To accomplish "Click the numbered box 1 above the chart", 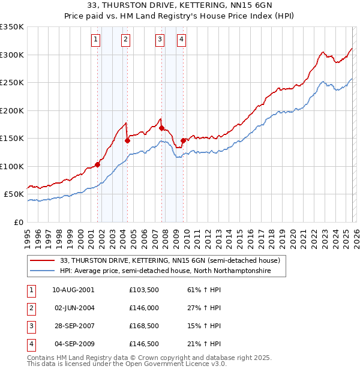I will coord(95,40).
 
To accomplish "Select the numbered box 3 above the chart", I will coord(160,40).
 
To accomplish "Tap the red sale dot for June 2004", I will coord(127,140).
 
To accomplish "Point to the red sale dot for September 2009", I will coord(183,140).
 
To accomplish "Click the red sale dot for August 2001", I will coord(97,164).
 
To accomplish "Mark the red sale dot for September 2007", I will coord(162,128).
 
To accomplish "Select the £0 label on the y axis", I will coord(19,222).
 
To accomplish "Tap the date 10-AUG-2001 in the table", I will coord(73,290).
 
